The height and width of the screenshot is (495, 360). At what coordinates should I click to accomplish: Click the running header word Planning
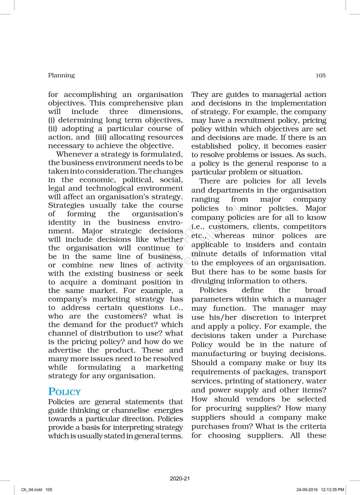click(61, 75)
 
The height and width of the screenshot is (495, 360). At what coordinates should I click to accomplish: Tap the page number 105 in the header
click(320, 75)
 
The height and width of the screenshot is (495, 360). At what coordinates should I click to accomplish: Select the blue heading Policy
click(64, 392)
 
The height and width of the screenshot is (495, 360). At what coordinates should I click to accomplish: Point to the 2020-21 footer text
click(180, 479)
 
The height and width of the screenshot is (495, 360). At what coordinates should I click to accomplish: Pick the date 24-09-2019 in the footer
click(307, 490)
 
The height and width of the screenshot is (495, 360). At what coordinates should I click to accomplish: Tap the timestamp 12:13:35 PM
click(333, 490)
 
